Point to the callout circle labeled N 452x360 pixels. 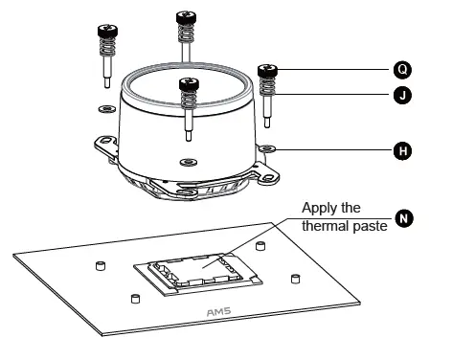tap(405, 219)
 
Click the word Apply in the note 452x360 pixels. tap(320, 208)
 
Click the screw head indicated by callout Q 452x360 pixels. tap(267, 70)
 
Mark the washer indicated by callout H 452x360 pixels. tap(267, 149)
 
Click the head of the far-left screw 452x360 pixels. tap(104, 30)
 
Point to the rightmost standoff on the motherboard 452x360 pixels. tap(295, 279)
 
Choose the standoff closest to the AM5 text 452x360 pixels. tap(135, 298)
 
